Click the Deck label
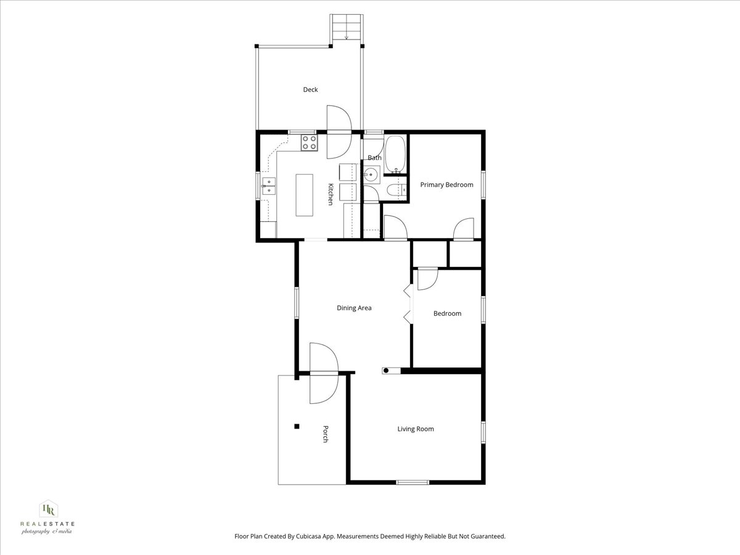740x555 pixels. pos(310,90)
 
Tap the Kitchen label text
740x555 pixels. pos(331,194)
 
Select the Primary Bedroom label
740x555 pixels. pos(446,185)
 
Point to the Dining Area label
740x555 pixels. pos(354,308)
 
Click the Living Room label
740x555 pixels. pos(415,429)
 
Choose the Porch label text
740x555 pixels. pos(325,434)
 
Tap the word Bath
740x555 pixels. pos(374,158)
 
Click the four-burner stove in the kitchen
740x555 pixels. pos(309,143)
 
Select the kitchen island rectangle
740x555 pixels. pos(304,195)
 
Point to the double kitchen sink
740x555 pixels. pos(269,186)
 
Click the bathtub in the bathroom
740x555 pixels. pos(395,154)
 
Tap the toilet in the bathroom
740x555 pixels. pos(398,191)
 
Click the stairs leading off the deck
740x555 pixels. pos(347,28)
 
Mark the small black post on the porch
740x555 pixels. pos(297,426)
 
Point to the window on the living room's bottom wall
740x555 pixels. pos(413,482)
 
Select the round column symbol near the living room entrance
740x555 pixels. pos(386,371)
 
